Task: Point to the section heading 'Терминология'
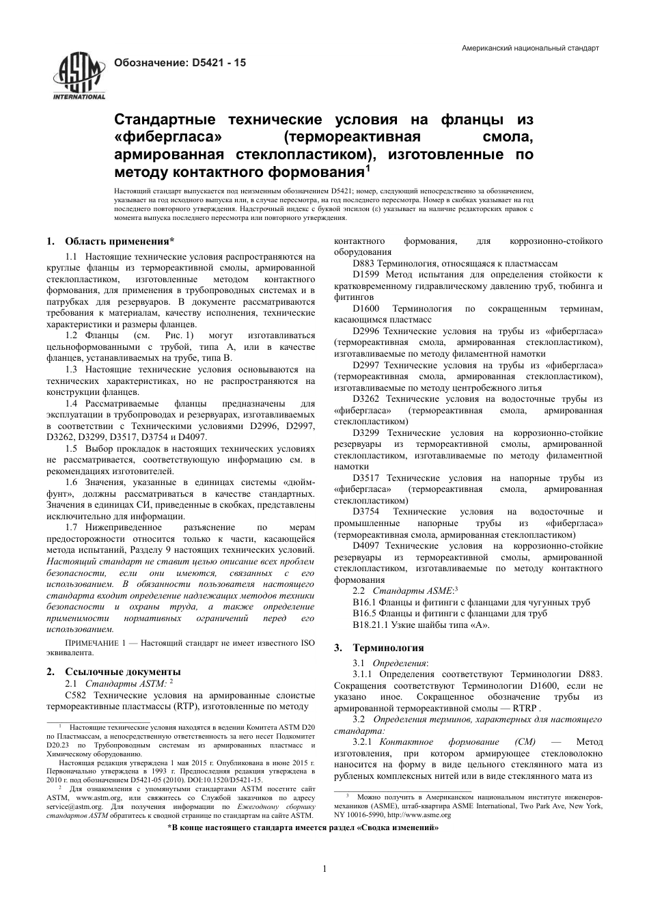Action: (388, 648)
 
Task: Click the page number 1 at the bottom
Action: (324, 869)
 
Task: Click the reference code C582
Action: (77, 694)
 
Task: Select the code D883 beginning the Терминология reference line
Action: (364, 264)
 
